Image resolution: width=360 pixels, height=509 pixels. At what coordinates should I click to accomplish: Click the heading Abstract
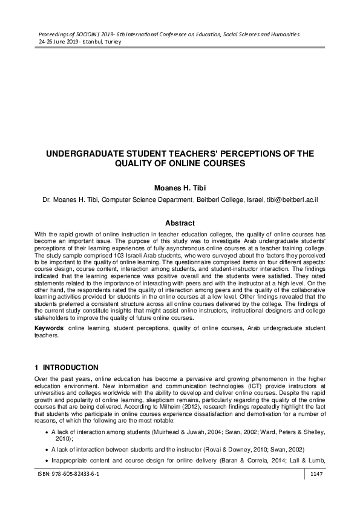[x=180, y=222]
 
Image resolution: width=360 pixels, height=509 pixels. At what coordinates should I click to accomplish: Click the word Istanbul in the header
[x=100, y=43]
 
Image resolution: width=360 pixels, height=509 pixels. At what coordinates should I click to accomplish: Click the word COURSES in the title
[x=218, y=164]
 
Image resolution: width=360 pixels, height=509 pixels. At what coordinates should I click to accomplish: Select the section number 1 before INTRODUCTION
[x=36, y=368]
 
